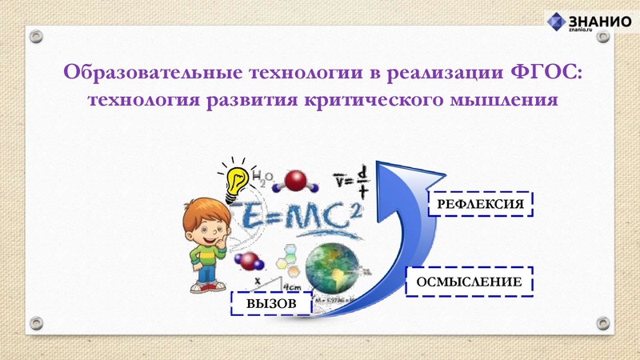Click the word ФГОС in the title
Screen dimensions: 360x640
pyautogui.click(x=546, y=73)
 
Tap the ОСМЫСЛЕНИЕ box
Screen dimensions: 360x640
pyautogui.click(x=469, y=282)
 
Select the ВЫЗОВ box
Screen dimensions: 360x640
pyautogui.click(x=270, y=303)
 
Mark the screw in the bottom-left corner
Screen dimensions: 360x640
pyautogui.click(x=36, y=322)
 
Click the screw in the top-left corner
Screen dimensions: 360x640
pyautogui.click(x=36, y=37)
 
